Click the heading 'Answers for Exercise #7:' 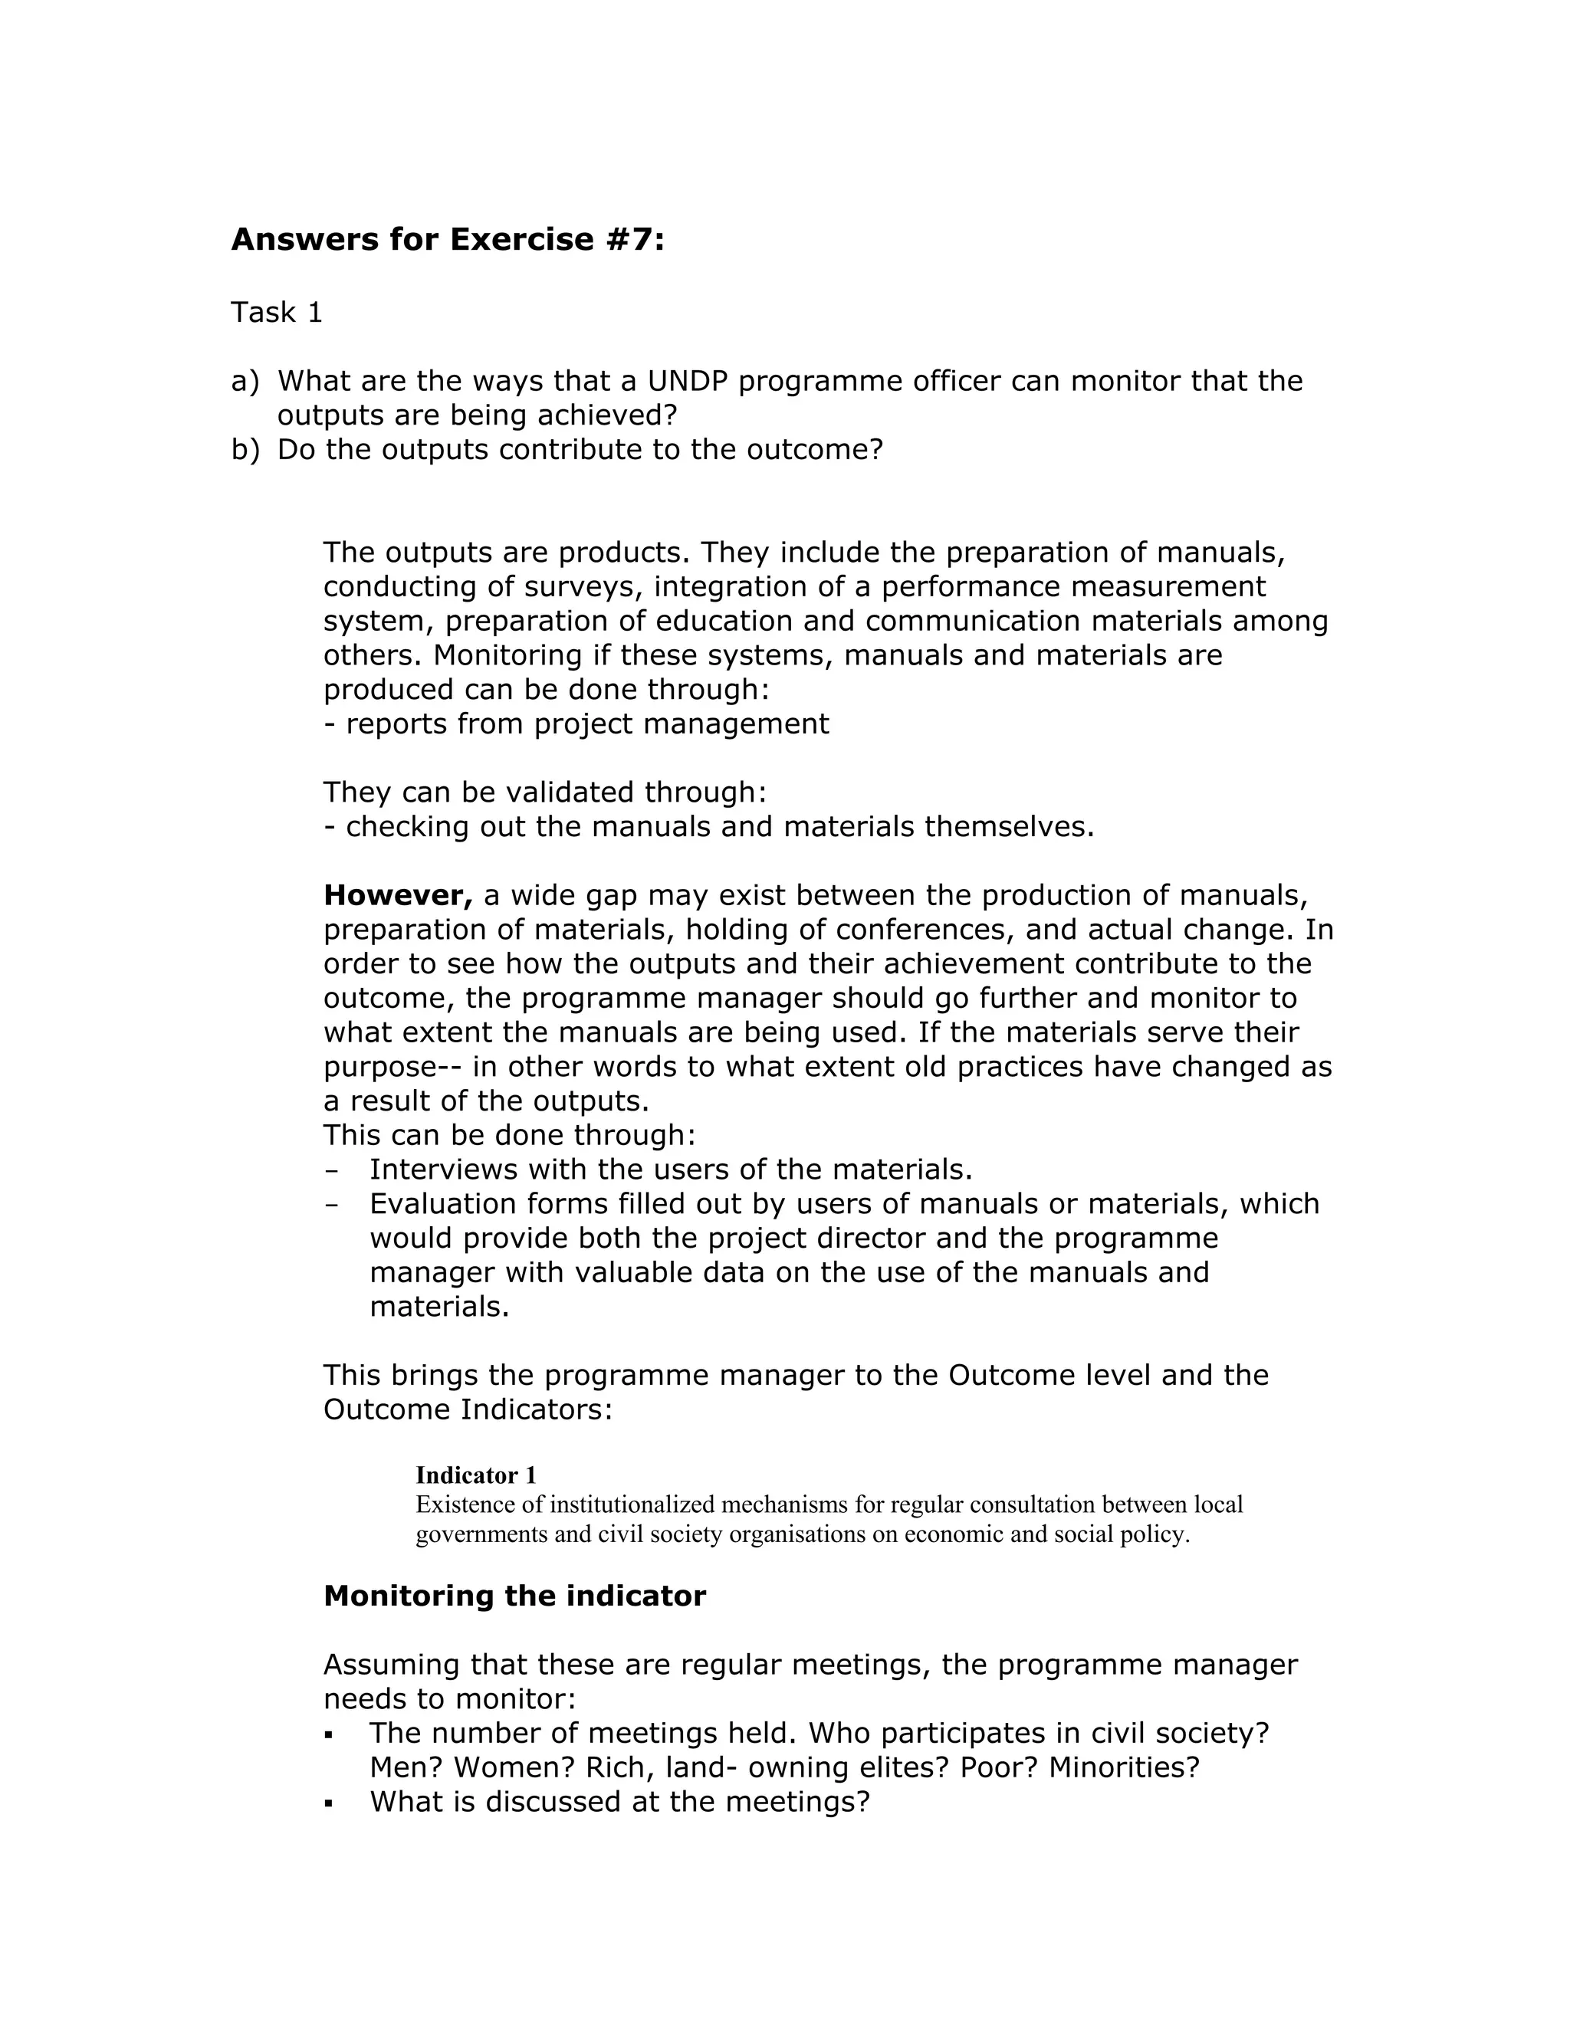(448, 240)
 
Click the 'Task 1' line (276, 313)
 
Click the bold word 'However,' (398, 895)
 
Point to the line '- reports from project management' (576, 724)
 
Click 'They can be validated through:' (545, 792)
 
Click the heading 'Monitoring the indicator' (514, 1596)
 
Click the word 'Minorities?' (1124, 1768)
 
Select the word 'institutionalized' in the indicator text (632, 1504)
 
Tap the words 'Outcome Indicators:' (468, 1409)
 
